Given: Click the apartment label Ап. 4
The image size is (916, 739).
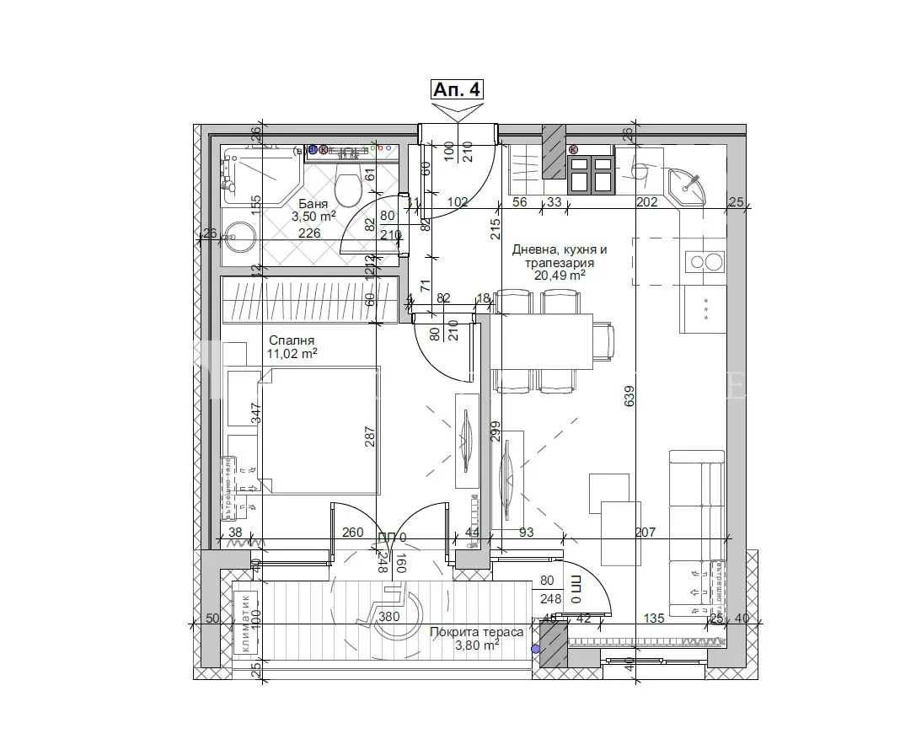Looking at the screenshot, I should (x=458, y=89).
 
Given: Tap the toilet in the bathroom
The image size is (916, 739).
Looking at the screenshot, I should (x=346, y=186).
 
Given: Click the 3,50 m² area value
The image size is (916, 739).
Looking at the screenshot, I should (x=314, y=216).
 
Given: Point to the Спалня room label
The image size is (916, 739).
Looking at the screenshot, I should (x=285, y=340).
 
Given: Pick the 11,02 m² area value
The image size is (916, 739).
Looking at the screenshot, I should (x=292, y=354).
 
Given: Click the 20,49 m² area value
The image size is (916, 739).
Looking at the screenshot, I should (x=559, y=275).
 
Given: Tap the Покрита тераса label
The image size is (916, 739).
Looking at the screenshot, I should (x=476, y=631).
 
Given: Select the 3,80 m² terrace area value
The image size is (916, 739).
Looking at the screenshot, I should (x=476, y=645).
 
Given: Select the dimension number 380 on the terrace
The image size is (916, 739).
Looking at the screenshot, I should (x=388, y=617).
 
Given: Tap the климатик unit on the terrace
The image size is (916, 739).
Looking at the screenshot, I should (x=245, y=623).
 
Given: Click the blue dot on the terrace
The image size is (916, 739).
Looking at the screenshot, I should (x=534, y=649).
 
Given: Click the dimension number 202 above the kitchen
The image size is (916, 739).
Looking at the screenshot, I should (x=646, y=201).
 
